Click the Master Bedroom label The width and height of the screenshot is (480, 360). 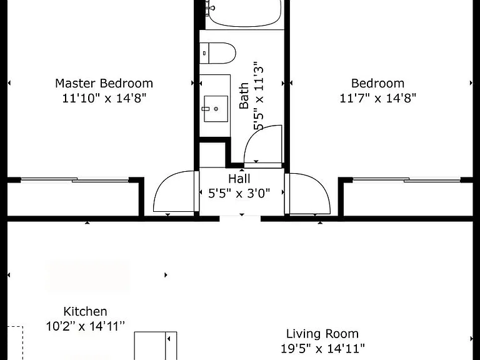[x=104, y=83]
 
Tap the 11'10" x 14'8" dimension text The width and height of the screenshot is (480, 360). [x=104, y=98]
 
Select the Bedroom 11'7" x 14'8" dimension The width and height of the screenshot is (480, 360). [x=377, y=98]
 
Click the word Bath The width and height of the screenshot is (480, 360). [x=244, y=96]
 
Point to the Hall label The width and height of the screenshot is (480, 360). [x=239, y=179]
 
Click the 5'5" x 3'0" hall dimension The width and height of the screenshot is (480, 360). [x=239, y=194]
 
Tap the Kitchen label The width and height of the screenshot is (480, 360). [x=85, y=312]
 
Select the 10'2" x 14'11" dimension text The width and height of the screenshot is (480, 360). [x=86, y=326]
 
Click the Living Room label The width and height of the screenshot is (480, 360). [x=322, y=334]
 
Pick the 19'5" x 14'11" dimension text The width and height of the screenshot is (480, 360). [x=322, y=348]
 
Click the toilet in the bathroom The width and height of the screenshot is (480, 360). [x=217, y=53]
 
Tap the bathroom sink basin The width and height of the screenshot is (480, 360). [x=216, y=109]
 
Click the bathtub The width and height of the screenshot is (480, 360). [x=243, y=14]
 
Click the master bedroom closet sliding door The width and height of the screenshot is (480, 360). [x=74, y=180]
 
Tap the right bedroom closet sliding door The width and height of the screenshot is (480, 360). [x=406, y=180]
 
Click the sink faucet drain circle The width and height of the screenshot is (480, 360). [x=216, y=109]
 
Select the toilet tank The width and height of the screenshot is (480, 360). [x=204, y=53]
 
